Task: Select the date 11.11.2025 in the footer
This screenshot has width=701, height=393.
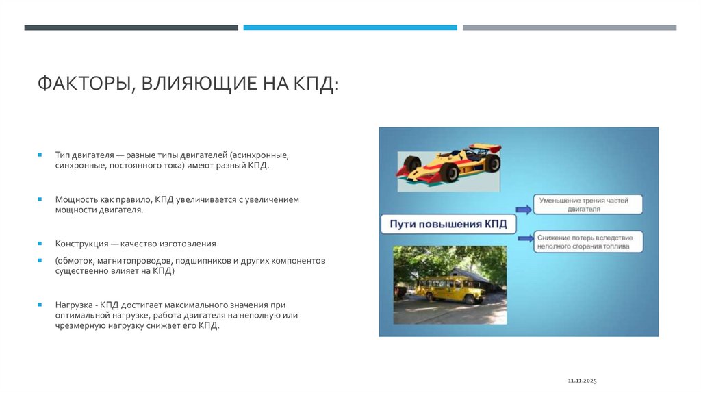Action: pyautogui.click(x=583, y=380)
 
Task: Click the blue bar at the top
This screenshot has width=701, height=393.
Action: pyautogui.click(x=350, y=27)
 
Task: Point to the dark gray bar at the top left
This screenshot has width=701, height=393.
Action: pyautogui.click(x=131, y=27)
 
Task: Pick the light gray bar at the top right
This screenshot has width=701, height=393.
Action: pyautogui.click(x=569, y=27)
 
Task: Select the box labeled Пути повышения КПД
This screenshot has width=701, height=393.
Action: pyautogui.click(x=448, y=225)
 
